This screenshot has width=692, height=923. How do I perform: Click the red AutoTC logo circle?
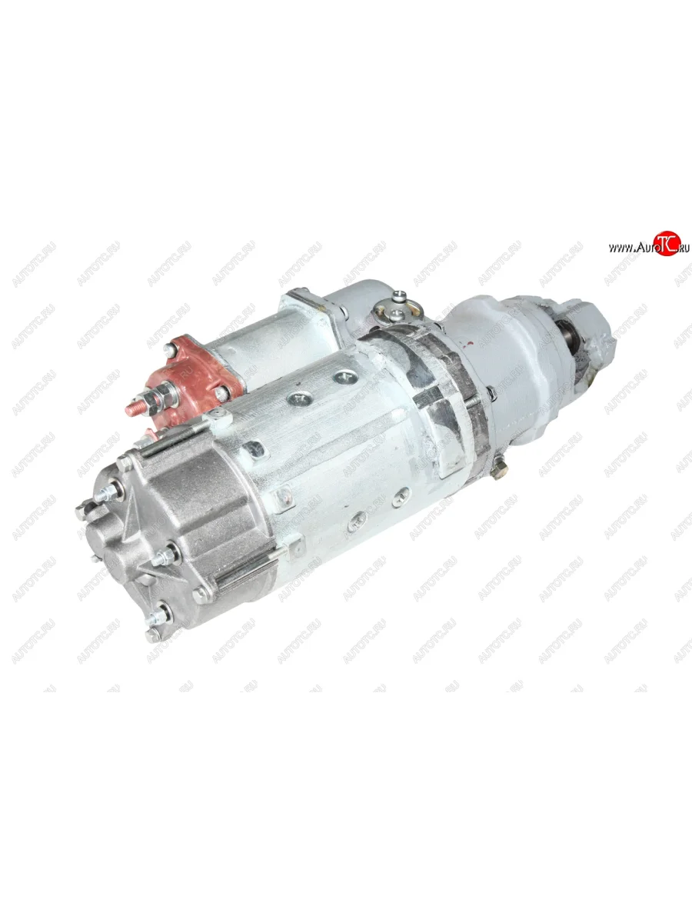668,243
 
